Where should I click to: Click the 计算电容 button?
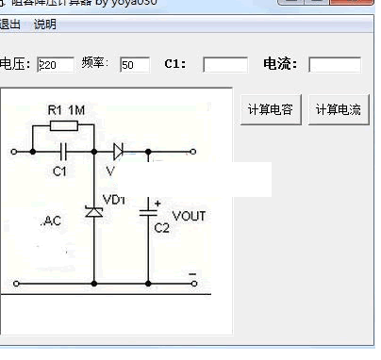(x=271, y=109)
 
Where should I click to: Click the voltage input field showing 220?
(x=56, y=65)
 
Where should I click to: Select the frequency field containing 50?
(x=135, y=65)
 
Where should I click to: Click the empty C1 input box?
(x=225, y=65)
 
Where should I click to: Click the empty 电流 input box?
(x=335, y=65)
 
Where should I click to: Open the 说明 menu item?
(x=45, y=25)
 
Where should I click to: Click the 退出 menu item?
(x=11, y=25)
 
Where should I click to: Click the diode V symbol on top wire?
(x=119, y=151)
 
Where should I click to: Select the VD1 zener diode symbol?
(x=93, y=212)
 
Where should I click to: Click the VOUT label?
(x=190, y=216)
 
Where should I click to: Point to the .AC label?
(x=51, y=221)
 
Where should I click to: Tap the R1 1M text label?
(x=66, y=110)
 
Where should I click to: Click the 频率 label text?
(x=94, y=63)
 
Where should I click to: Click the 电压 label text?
(x=13, y=64)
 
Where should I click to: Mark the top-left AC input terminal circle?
(x=14, y=151)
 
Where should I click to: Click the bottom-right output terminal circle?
(x=194, y=282)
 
